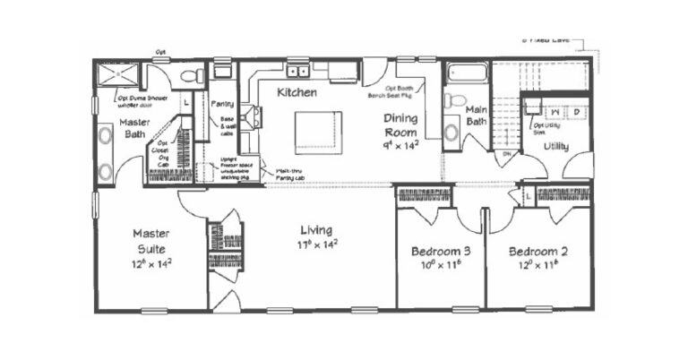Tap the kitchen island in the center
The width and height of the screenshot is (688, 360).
(x=318, y=130)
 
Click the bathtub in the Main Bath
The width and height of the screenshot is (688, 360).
(x=466, y=73)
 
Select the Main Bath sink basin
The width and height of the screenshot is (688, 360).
(x=451, y=131)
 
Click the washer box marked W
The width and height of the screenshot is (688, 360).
(x=555, y=112)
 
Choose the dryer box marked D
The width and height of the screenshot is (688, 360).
(x=575, y=112)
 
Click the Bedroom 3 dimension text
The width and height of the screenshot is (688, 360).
(x=436, y=264)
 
